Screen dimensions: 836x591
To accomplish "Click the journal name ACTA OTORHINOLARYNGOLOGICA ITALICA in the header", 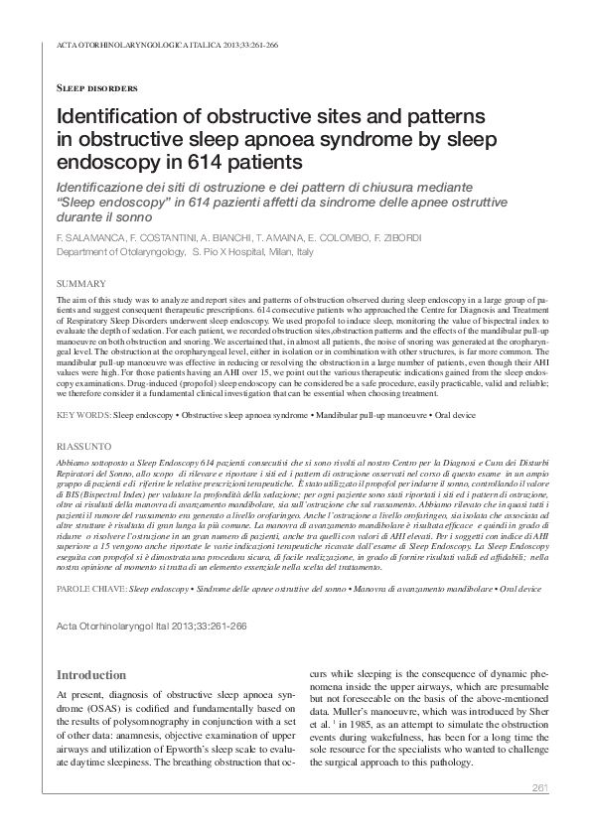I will (124, 46).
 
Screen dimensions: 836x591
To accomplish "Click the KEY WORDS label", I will (83, 411).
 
